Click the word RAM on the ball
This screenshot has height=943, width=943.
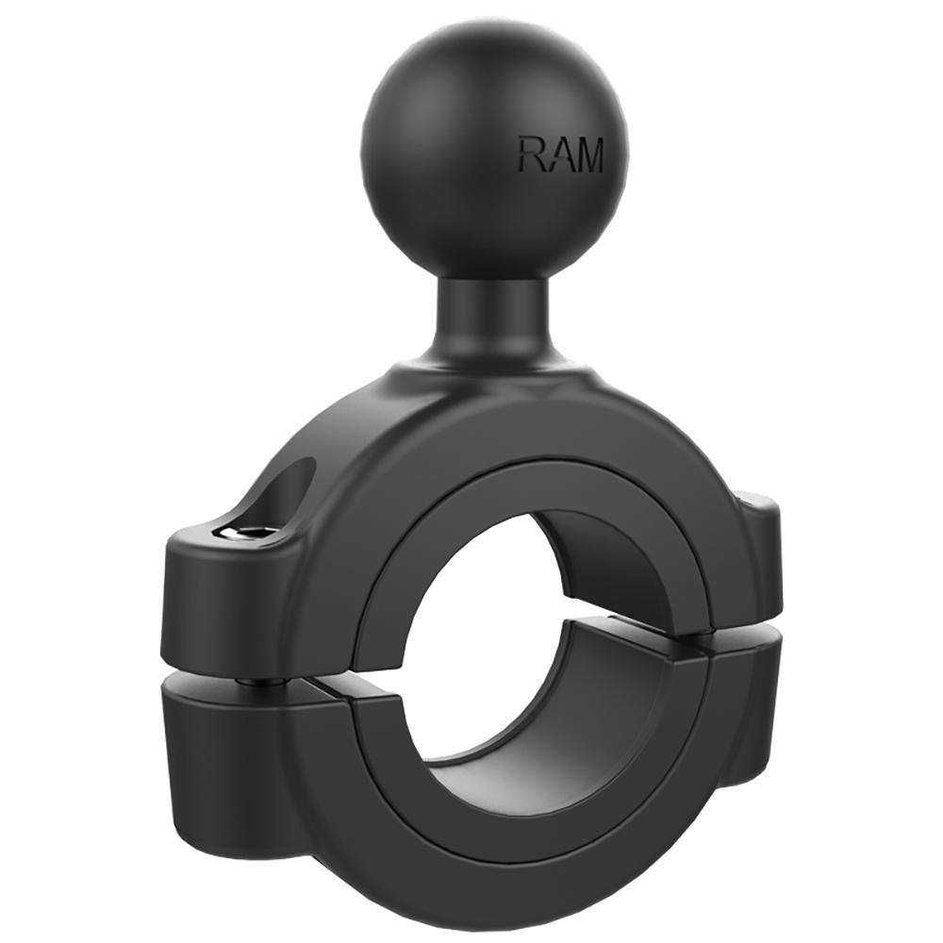pyautogui.click(x=559, y=155)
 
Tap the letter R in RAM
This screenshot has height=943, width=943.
pyautogui.click(x=530, y=155)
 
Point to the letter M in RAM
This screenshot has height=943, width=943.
pyautogui.click(x=587, y=156)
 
